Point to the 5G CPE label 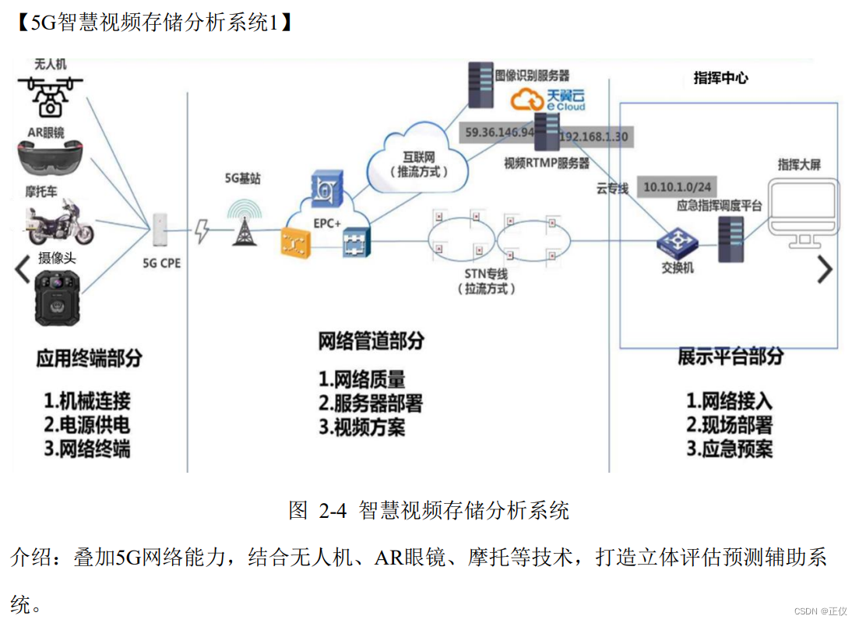click(161, 263)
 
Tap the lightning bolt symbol click(202, 231)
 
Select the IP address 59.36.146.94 click(500, 132)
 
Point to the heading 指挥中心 click(720, 78)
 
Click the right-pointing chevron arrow click(824, 269)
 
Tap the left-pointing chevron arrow click(23, 269)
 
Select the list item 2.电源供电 click(86, 425)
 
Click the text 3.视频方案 click(362, 427)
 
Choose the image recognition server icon click(480, 86)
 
